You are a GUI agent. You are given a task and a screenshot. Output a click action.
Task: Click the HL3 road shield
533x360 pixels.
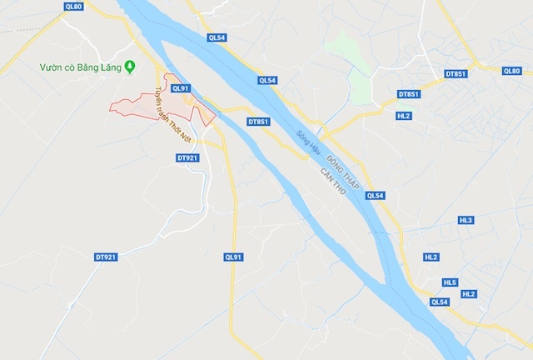(x=466, y=220)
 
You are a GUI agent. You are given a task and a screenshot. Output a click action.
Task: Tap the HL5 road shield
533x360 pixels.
(x=451, y=282)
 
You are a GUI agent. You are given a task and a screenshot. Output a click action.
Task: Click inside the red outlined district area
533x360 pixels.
(x=142, y=106)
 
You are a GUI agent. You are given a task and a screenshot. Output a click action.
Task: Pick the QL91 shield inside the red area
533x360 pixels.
(x=180, y=87)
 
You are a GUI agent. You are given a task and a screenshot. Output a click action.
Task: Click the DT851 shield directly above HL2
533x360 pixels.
(x=409, y=94)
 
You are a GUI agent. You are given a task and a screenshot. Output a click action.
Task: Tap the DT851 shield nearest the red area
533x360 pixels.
(x=259, y=122)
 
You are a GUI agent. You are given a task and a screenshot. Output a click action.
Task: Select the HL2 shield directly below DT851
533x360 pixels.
(x=405, y=115)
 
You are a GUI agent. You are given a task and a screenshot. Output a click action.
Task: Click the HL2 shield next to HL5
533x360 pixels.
(x=469, y=294)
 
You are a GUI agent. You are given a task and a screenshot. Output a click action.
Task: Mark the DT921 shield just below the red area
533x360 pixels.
(x=188, y=157)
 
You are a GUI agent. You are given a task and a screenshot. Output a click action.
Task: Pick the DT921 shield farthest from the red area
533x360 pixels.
(x=105, y=257)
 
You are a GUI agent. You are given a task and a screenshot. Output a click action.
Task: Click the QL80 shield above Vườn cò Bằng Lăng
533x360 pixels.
(x=73, y=7)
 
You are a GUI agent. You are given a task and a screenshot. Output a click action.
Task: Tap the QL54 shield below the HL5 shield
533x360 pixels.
(x=440, y=302)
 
